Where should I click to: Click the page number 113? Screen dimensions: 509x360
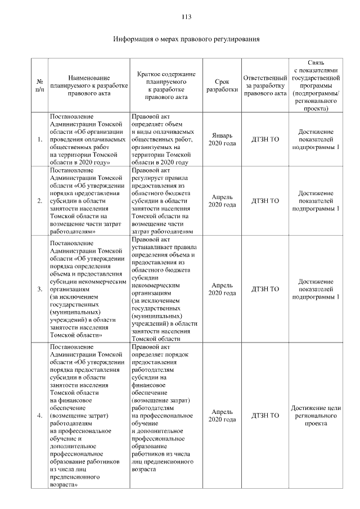point(186,17)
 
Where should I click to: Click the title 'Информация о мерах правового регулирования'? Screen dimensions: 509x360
point(186,39)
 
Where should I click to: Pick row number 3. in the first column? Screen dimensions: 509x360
point(39,289)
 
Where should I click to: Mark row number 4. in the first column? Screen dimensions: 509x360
point(39,416)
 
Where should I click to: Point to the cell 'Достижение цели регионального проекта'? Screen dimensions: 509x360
point(316,416)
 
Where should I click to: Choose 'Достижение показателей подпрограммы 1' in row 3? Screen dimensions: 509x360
point(316,289)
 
